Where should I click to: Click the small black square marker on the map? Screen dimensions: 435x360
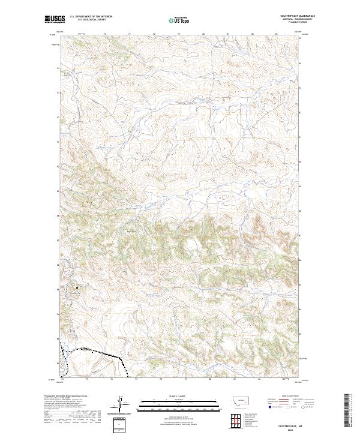point(77,288)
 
